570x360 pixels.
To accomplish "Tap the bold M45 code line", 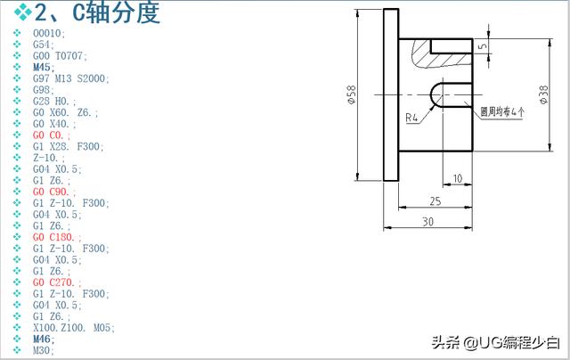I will [x=44, y=67].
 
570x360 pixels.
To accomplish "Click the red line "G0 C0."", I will [x=53, y=135].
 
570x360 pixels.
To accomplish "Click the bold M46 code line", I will [x=44, y=340].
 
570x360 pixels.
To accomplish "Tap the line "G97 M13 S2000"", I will [x=70, y=78].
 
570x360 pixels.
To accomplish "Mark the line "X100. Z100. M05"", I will [x=73, y=328].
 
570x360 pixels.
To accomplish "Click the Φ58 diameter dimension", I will [x=352, y=94].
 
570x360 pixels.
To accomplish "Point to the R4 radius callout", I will [x=412, y=117].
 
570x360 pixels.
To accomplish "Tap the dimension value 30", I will [x=427, y=221].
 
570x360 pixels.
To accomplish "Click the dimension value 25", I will [x=435, y=200].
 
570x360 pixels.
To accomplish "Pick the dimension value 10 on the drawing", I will [x=457, y=178].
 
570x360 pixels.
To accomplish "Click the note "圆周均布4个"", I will [x=501, y=112].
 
